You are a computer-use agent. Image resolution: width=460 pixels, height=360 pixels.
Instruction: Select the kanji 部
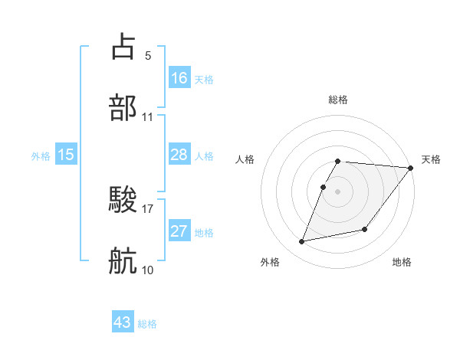[x=123, y=107]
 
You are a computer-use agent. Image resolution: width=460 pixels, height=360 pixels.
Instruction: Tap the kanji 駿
[x=123, y=201]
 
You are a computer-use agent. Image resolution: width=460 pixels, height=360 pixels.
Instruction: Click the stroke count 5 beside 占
[x=148, y=55]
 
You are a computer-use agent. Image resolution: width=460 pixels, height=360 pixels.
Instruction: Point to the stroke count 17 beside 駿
[x=148, y=208]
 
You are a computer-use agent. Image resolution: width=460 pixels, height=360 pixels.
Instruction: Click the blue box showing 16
[x=179, y=77]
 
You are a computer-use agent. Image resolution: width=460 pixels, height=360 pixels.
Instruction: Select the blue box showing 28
[x=179, y=155]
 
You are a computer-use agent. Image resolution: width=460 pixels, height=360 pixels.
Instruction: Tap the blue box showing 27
[x=179, y=231]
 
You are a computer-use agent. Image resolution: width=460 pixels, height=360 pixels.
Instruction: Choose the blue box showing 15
[x=66, y=155]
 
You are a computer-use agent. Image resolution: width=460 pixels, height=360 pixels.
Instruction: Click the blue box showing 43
[x=123, y=322]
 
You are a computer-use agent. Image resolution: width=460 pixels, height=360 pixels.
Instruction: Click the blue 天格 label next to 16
[x=204, y=79]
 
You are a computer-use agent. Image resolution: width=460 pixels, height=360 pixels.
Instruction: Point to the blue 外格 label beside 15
[x=41, y=156]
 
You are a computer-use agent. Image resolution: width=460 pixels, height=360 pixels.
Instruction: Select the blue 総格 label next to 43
[x=147, y=324]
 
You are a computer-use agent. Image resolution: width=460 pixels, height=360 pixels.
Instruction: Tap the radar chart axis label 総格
[x=338, y=100]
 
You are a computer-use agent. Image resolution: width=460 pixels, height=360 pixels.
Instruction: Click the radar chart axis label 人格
[x=246, y=159]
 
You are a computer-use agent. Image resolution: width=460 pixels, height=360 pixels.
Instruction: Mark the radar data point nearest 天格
[x=411, y=168]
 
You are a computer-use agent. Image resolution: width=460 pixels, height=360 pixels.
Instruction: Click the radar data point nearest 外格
[x=302, y=241]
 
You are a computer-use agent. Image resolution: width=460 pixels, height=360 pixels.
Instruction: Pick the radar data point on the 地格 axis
[x=366, y=229]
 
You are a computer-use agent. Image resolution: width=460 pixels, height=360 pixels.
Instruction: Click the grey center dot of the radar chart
[x=338, y=191]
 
